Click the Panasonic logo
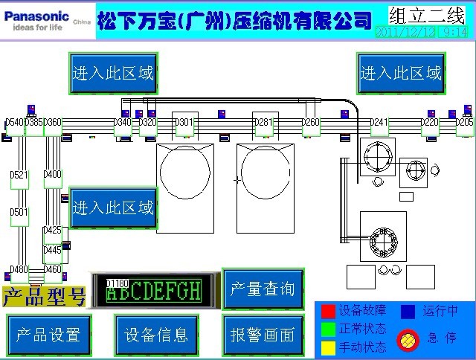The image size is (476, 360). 37,16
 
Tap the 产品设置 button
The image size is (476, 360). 48,335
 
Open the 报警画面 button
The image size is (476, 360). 263,335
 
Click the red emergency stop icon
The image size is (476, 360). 407,339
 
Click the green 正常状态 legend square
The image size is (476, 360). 328,328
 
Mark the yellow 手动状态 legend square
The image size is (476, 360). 328,347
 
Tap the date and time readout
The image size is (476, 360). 422,32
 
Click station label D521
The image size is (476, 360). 19,176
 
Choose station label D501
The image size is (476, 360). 19,213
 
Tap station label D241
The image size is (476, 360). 379,123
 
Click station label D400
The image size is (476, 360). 53,175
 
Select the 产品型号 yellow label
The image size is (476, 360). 44,298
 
